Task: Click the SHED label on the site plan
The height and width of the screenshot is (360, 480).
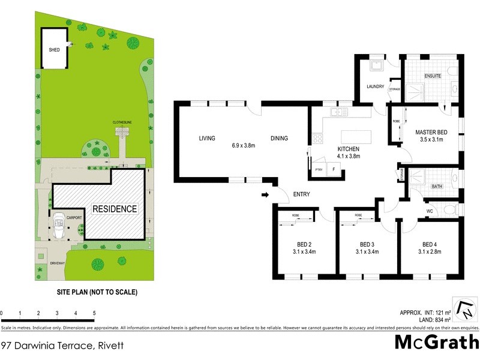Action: click(55, 50)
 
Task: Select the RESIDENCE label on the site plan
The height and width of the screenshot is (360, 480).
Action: click(115, 209)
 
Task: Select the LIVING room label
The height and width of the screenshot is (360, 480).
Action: click(207, 139)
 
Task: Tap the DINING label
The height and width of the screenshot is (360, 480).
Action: click(279, 139)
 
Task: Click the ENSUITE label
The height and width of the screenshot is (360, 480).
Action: click(433, 76)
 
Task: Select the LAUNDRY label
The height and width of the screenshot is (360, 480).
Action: click(375, 86)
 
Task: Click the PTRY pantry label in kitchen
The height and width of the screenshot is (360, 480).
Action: click(319, 170)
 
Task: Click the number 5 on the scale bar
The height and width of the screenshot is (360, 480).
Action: click(94, 313)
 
